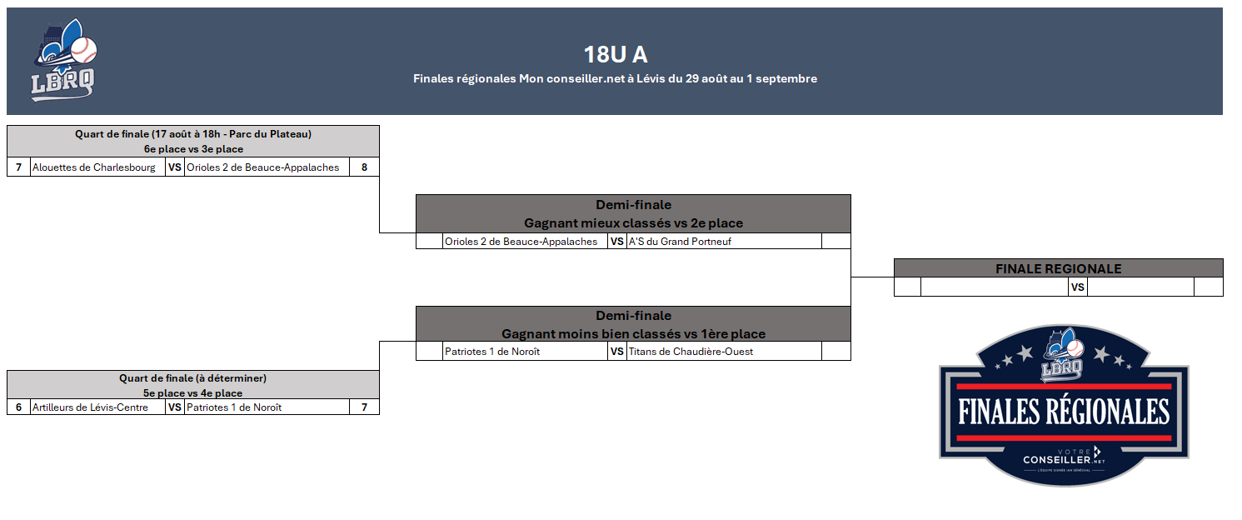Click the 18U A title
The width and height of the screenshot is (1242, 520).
coord(616,54)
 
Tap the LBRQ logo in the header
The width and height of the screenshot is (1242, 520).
coord(64,60)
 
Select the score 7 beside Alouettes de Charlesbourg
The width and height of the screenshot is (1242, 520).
coord(19,167)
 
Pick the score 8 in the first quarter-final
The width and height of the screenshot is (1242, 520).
coord(364,167)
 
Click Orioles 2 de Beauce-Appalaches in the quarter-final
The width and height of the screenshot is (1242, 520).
coord(263,167)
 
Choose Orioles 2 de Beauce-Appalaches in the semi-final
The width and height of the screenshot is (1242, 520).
coord(521,242)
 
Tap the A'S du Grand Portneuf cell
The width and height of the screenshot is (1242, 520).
coord(680,242)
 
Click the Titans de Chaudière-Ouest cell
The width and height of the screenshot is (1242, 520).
coord(691,352)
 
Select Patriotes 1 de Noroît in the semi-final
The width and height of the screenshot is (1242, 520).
coord(492,352)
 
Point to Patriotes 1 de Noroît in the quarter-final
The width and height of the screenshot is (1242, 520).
coord(234,407)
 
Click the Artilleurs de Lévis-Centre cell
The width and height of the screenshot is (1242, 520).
coord(90,407)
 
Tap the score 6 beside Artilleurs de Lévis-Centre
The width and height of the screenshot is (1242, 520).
coord(19,407)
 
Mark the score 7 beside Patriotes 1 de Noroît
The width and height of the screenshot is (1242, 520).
coord(364,407)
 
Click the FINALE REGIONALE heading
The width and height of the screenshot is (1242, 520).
coord(1059,268)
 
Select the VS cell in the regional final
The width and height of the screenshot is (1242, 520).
coord(1078,287)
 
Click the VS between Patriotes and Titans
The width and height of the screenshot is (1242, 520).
coord(617,352)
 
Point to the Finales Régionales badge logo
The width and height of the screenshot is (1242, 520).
coord(1064,406)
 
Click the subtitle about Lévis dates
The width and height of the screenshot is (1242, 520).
coord(615,79)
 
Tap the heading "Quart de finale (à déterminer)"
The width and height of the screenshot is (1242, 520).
coord(193,378)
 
